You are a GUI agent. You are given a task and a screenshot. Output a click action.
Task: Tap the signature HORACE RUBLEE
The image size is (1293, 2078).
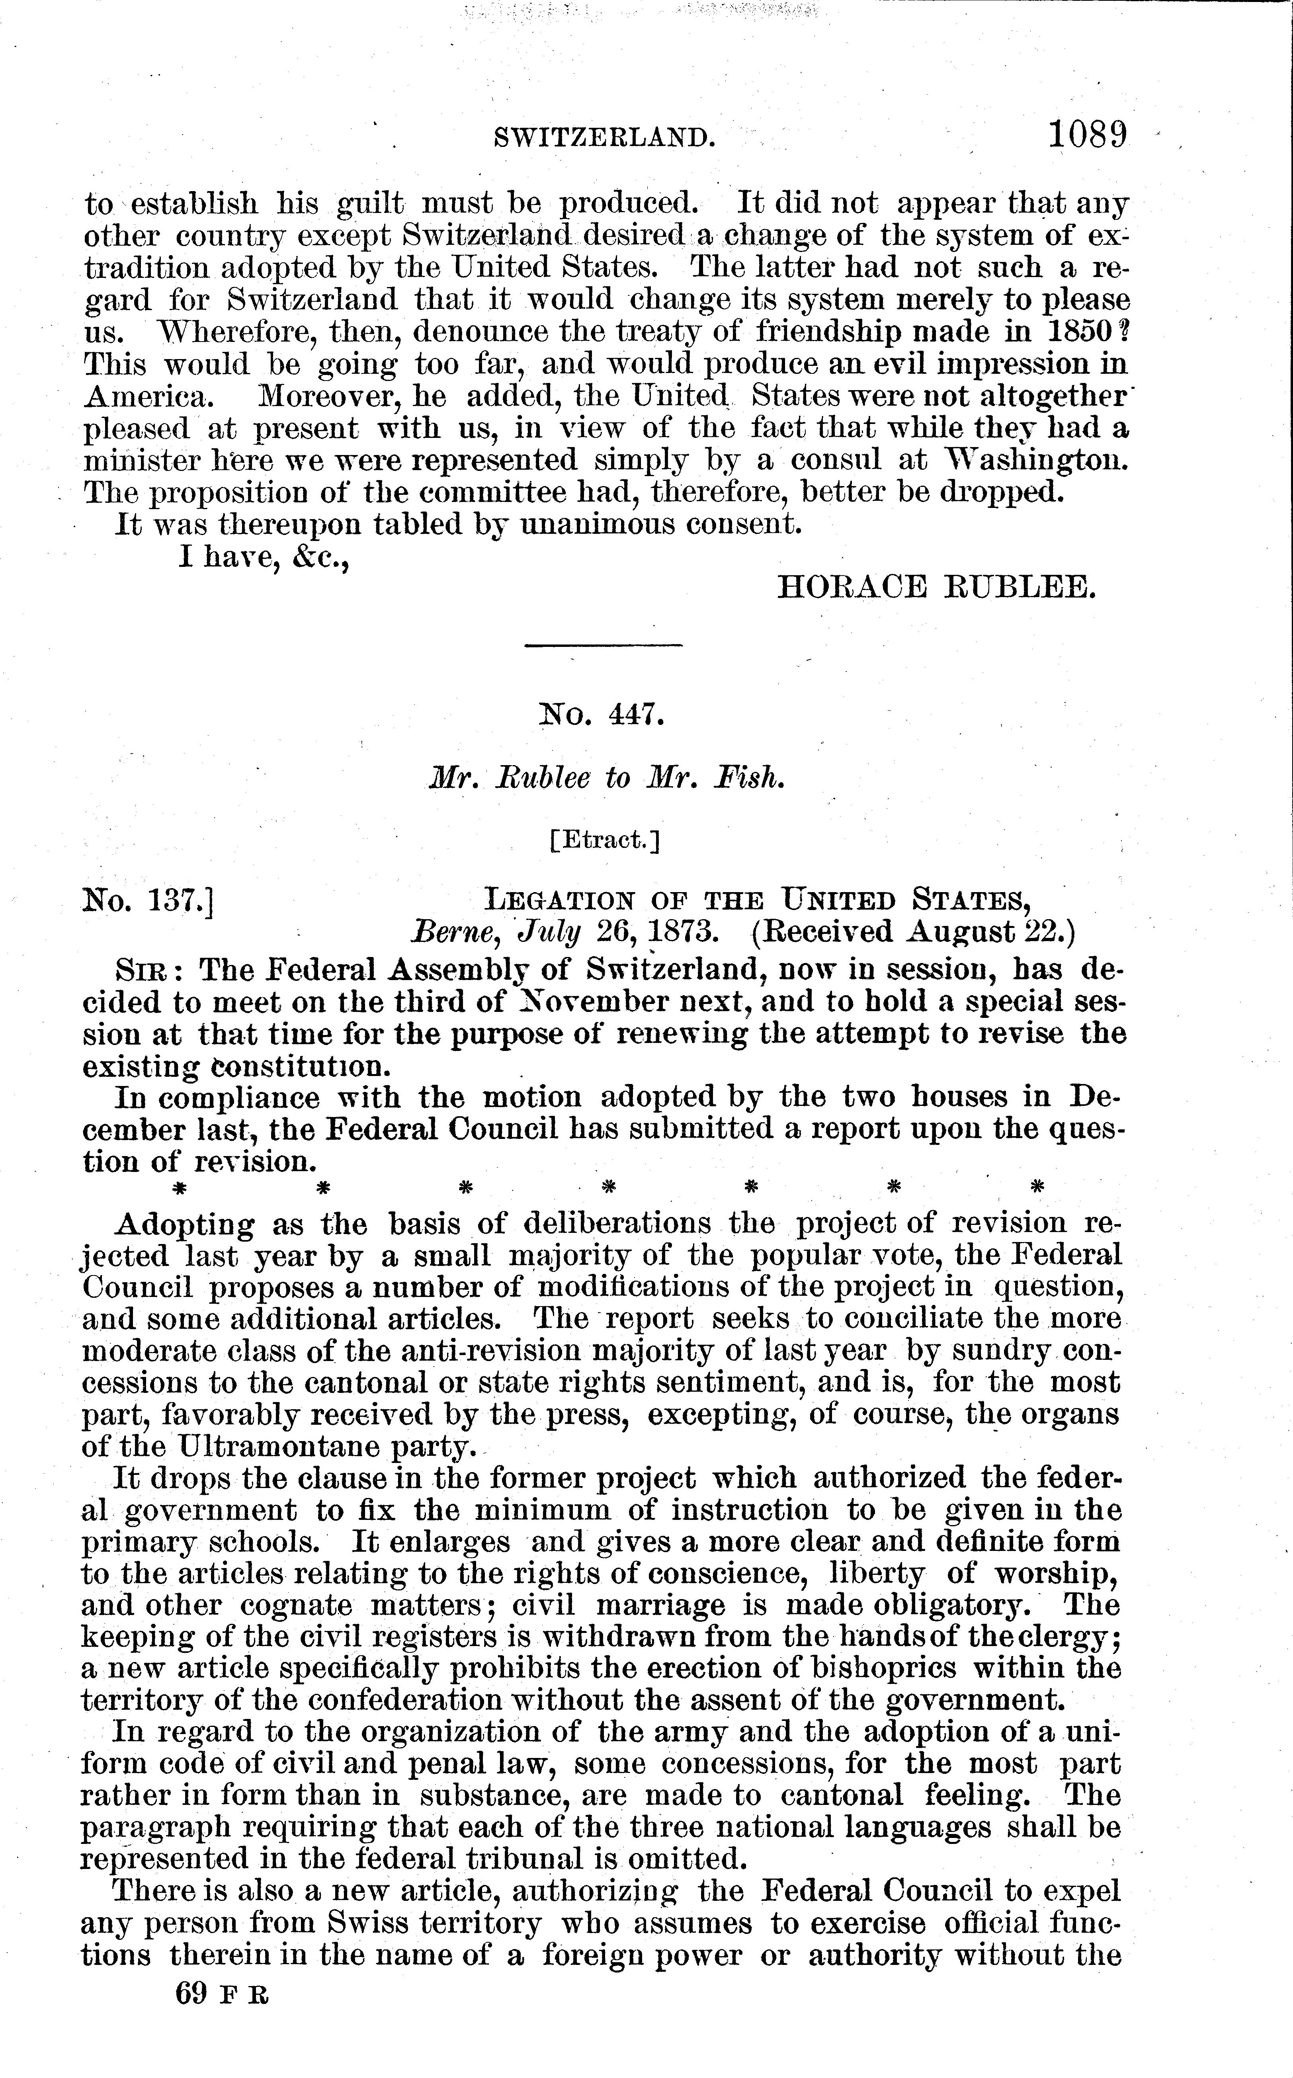pos(936,587)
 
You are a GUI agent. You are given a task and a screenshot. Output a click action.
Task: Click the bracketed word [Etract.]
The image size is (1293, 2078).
pos(605,841)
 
